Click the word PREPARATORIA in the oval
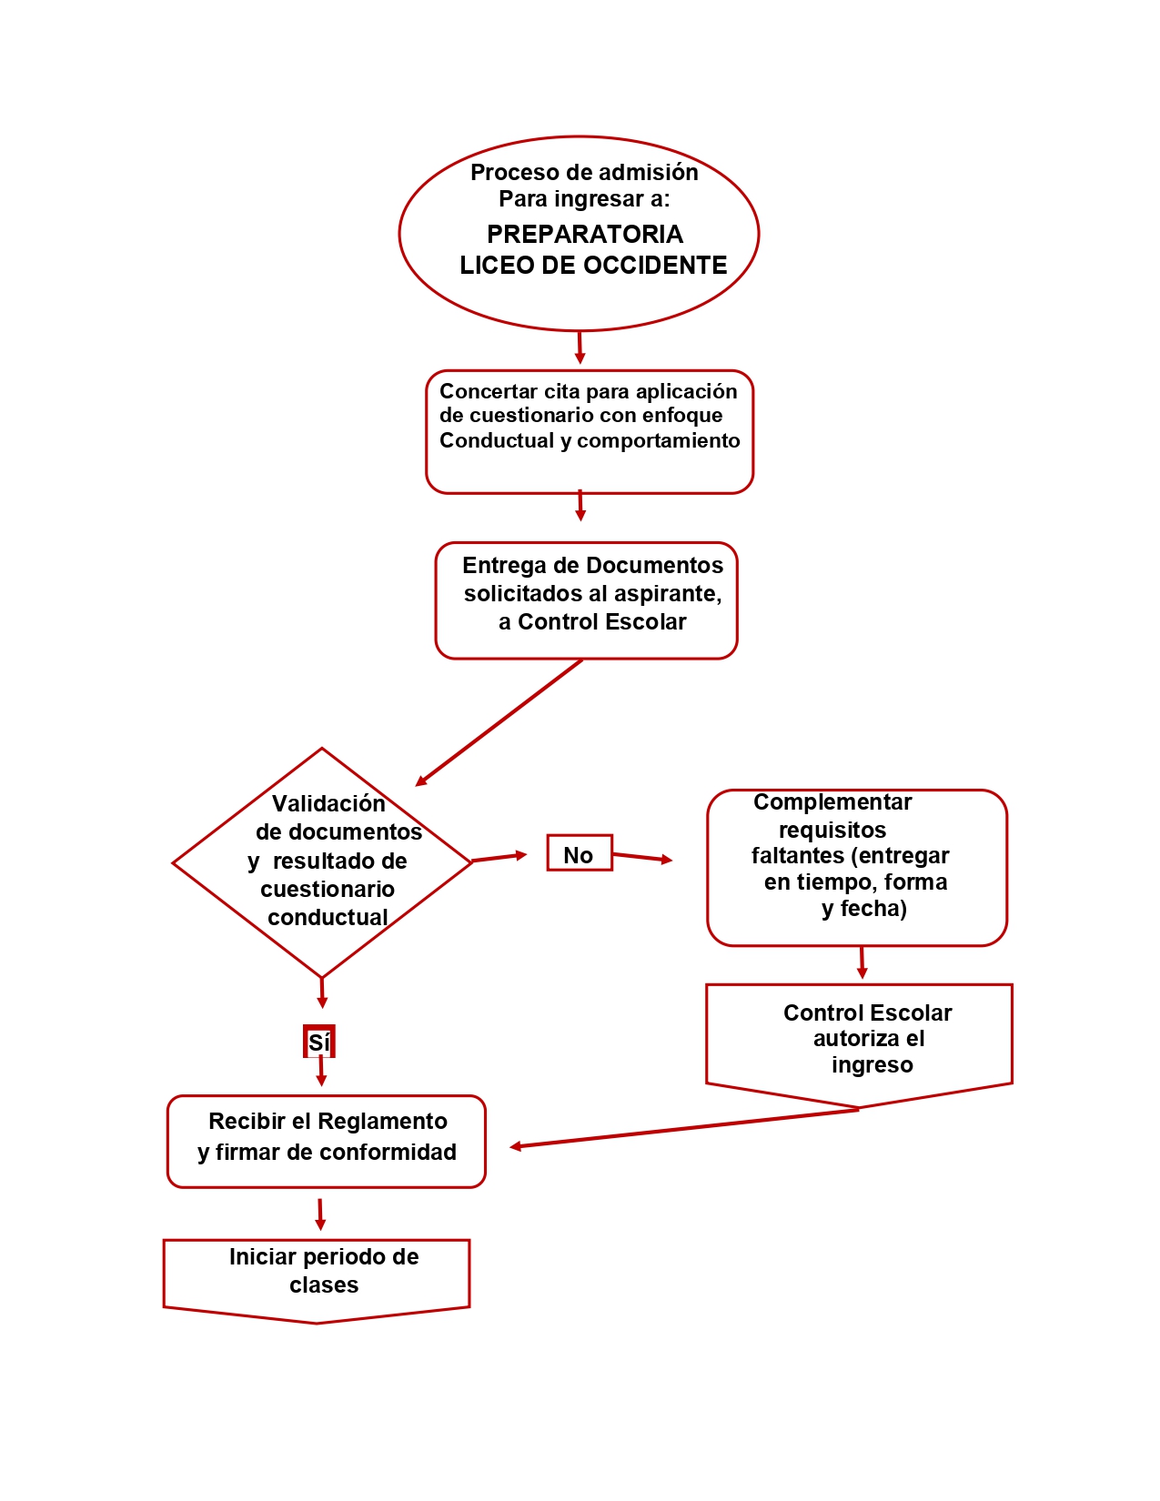[x=584, y=234]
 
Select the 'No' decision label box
[x=579, y=852]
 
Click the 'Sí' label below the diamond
[x=318, y=1042]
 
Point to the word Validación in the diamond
[x=328, y=803]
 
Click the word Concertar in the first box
[x=489, y=391]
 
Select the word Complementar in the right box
[x=832, y=802]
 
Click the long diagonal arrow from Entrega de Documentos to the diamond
[x=499, y=722]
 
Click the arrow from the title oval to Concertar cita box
[x=580, y=348]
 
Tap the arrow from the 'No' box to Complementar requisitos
[x=642, y=857]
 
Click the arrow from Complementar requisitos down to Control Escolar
[x=862, y=962]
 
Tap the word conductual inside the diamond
[x=328, y=917]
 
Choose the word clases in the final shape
[x=324, y=1284]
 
